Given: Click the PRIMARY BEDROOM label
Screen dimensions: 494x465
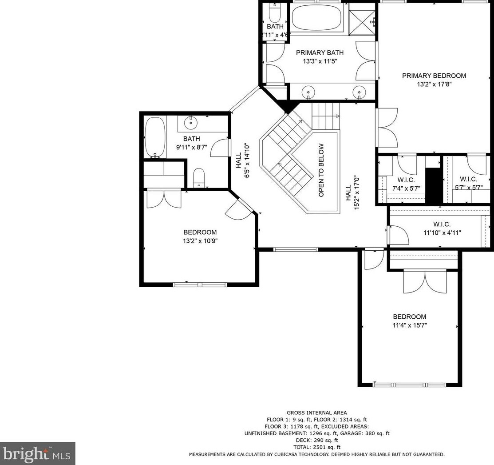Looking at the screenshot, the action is [434, 76].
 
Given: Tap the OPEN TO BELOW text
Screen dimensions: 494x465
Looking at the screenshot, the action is [321, 170].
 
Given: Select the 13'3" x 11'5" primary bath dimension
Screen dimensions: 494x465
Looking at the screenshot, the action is [320, 61].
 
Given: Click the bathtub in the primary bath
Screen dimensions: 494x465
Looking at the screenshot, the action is [316, 17].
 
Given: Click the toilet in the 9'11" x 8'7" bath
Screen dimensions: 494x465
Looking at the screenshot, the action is [199, 177].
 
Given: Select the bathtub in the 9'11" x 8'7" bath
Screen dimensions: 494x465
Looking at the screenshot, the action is [155, 137].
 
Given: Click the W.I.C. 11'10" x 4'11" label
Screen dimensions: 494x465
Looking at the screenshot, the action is [442, 228].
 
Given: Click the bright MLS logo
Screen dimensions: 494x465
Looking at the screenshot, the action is [37, 453].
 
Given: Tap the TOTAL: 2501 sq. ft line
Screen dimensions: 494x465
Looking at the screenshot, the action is [316, 447].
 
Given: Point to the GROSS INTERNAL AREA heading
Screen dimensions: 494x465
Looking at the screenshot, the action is [316, 413].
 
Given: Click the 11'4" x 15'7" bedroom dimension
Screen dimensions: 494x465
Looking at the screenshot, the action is [410, 325].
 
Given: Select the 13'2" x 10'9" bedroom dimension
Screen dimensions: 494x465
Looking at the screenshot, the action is [200, 241].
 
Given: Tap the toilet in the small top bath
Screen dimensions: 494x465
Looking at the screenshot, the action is [275, 12].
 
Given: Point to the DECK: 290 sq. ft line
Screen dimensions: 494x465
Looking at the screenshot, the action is [316, 440].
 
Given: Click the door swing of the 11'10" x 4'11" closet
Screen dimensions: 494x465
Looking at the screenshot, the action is [399, 235].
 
